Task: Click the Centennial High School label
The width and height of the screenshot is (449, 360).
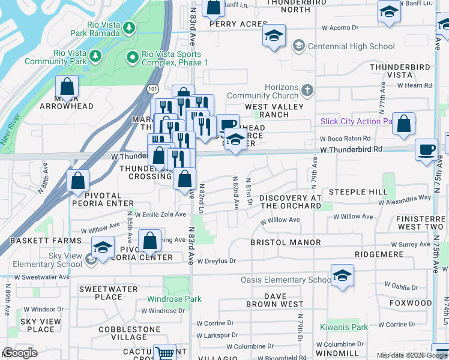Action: tap(351, 46)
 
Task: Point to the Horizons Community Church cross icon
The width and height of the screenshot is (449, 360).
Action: tap(307, 91)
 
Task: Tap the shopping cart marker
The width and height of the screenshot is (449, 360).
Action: tap(164, 352)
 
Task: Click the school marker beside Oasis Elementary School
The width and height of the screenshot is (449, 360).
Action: tap(342, 275)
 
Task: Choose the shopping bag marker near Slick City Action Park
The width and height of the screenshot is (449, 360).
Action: tap(405, 124)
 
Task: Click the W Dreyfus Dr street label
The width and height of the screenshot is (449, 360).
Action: tap(215, 261)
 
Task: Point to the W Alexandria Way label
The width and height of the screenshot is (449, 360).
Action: tap(408, 197)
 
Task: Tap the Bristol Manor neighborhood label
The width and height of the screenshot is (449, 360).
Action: tap(286, 242)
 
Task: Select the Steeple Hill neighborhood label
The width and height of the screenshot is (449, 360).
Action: tap(364, 192)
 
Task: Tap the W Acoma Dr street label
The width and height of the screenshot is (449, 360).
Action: tap(339, 28)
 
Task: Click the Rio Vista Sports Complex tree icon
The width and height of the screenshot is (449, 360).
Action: tap(133, 58)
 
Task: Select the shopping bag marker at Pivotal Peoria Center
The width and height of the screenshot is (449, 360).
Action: tap(149, 241)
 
